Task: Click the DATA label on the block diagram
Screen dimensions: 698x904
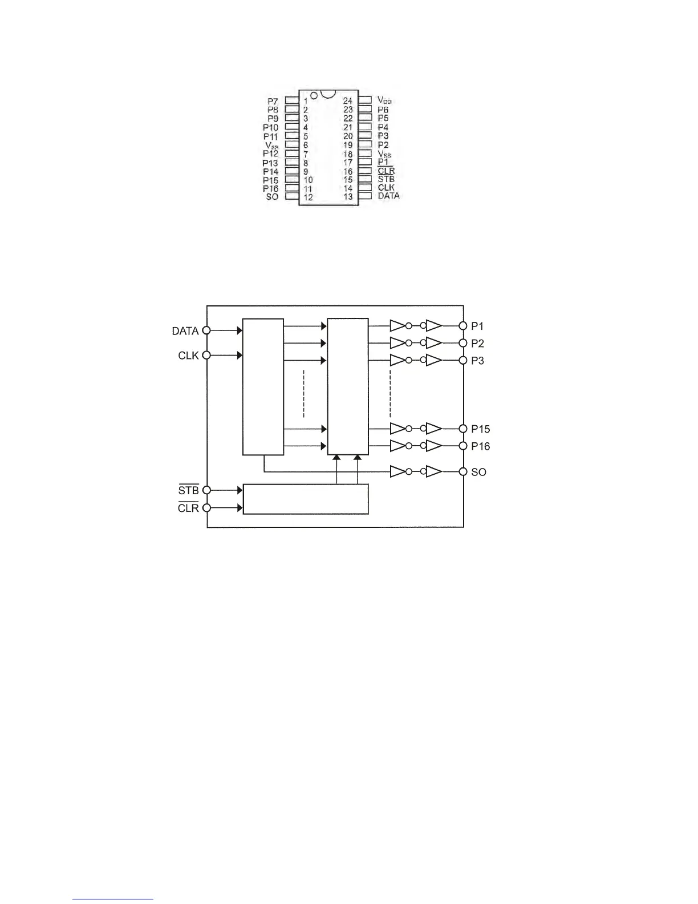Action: [185, 331]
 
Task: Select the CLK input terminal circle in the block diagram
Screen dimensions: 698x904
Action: [206, 355]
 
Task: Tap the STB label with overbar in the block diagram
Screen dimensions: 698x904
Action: [188, 490]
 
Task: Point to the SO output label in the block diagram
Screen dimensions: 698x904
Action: [478, 473]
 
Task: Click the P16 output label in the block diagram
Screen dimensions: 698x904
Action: [480, 446]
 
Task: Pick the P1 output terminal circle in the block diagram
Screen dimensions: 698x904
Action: [463, 326]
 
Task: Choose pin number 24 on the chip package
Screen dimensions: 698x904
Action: [348, 101]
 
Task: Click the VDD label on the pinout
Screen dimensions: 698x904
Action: [385, 100]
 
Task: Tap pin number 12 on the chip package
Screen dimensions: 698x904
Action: [308, 197]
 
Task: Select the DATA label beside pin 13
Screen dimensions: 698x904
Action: [388, 196]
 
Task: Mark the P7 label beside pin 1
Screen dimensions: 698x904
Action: [273, 102]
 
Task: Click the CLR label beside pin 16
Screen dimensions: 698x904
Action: [386, 171]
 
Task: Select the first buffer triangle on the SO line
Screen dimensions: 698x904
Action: [397, 472]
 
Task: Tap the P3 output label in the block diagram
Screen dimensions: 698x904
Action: [477, 361]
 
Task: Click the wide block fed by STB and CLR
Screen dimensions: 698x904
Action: [306, 499]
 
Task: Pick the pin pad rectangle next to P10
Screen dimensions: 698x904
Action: [292, 127]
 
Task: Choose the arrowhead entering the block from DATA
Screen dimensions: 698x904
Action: [239, 330]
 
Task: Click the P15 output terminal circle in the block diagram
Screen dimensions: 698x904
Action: [463, 429]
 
